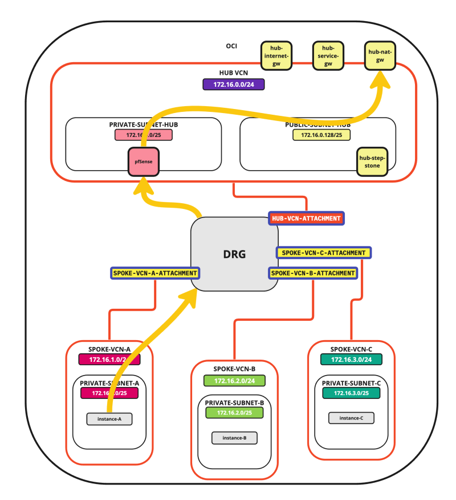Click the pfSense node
click(x=143, y=162)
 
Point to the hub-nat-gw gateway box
click(x=380, y=55)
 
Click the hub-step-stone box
click(x=372, y=162)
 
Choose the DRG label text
click(x=235, y=255)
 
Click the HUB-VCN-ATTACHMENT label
click(x=307, y=218)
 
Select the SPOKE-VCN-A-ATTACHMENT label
click(x=155, y=273)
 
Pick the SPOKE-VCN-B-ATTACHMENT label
click(x=313, y=273)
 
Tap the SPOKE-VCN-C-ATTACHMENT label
click(x=323, y=252)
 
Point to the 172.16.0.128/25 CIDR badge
click(x=321, y=135)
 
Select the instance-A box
click(x=109, y=419)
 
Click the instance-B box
click(x=234, y=438)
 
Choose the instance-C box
click(x=351, y=418)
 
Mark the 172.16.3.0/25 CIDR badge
click(x=351, y=393)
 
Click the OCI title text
click(x=231, y=46)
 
